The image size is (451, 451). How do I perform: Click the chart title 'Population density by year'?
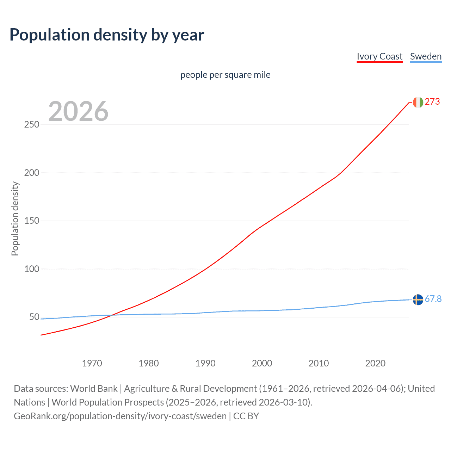107,35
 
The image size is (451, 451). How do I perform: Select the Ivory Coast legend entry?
379,56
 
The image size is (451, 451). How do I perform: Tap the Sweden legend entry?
426,56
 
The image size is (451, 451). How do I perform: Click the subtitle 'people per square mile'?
225,75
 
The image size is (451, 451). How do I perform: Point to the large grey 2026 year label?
78,111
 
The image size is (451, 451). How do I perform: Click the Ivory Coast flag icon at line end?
418,102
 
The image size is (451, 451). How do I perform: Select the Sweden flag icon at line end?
418,299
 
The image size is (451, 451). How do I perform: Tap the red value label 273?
432,102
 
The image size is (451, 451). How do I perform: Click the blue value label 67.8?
433,299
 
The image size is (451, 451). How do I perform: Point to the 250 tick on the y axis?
32,125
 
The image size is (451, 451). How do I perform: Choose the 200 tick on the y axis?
32,173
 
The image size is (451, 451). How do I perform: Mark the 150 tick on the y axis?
32,221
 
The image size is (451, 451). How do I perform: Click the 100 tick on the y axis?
32,269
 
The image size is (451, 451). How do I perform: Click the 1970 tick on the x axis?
92,363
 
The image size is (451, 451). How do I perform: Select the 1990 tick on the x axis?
205,363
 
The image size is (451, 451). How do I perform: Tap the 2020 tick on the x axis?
375,363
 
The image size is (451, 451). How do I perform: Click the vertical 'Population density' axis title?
15,218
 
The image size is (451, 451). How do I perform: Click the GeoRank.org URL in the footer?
120,416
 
